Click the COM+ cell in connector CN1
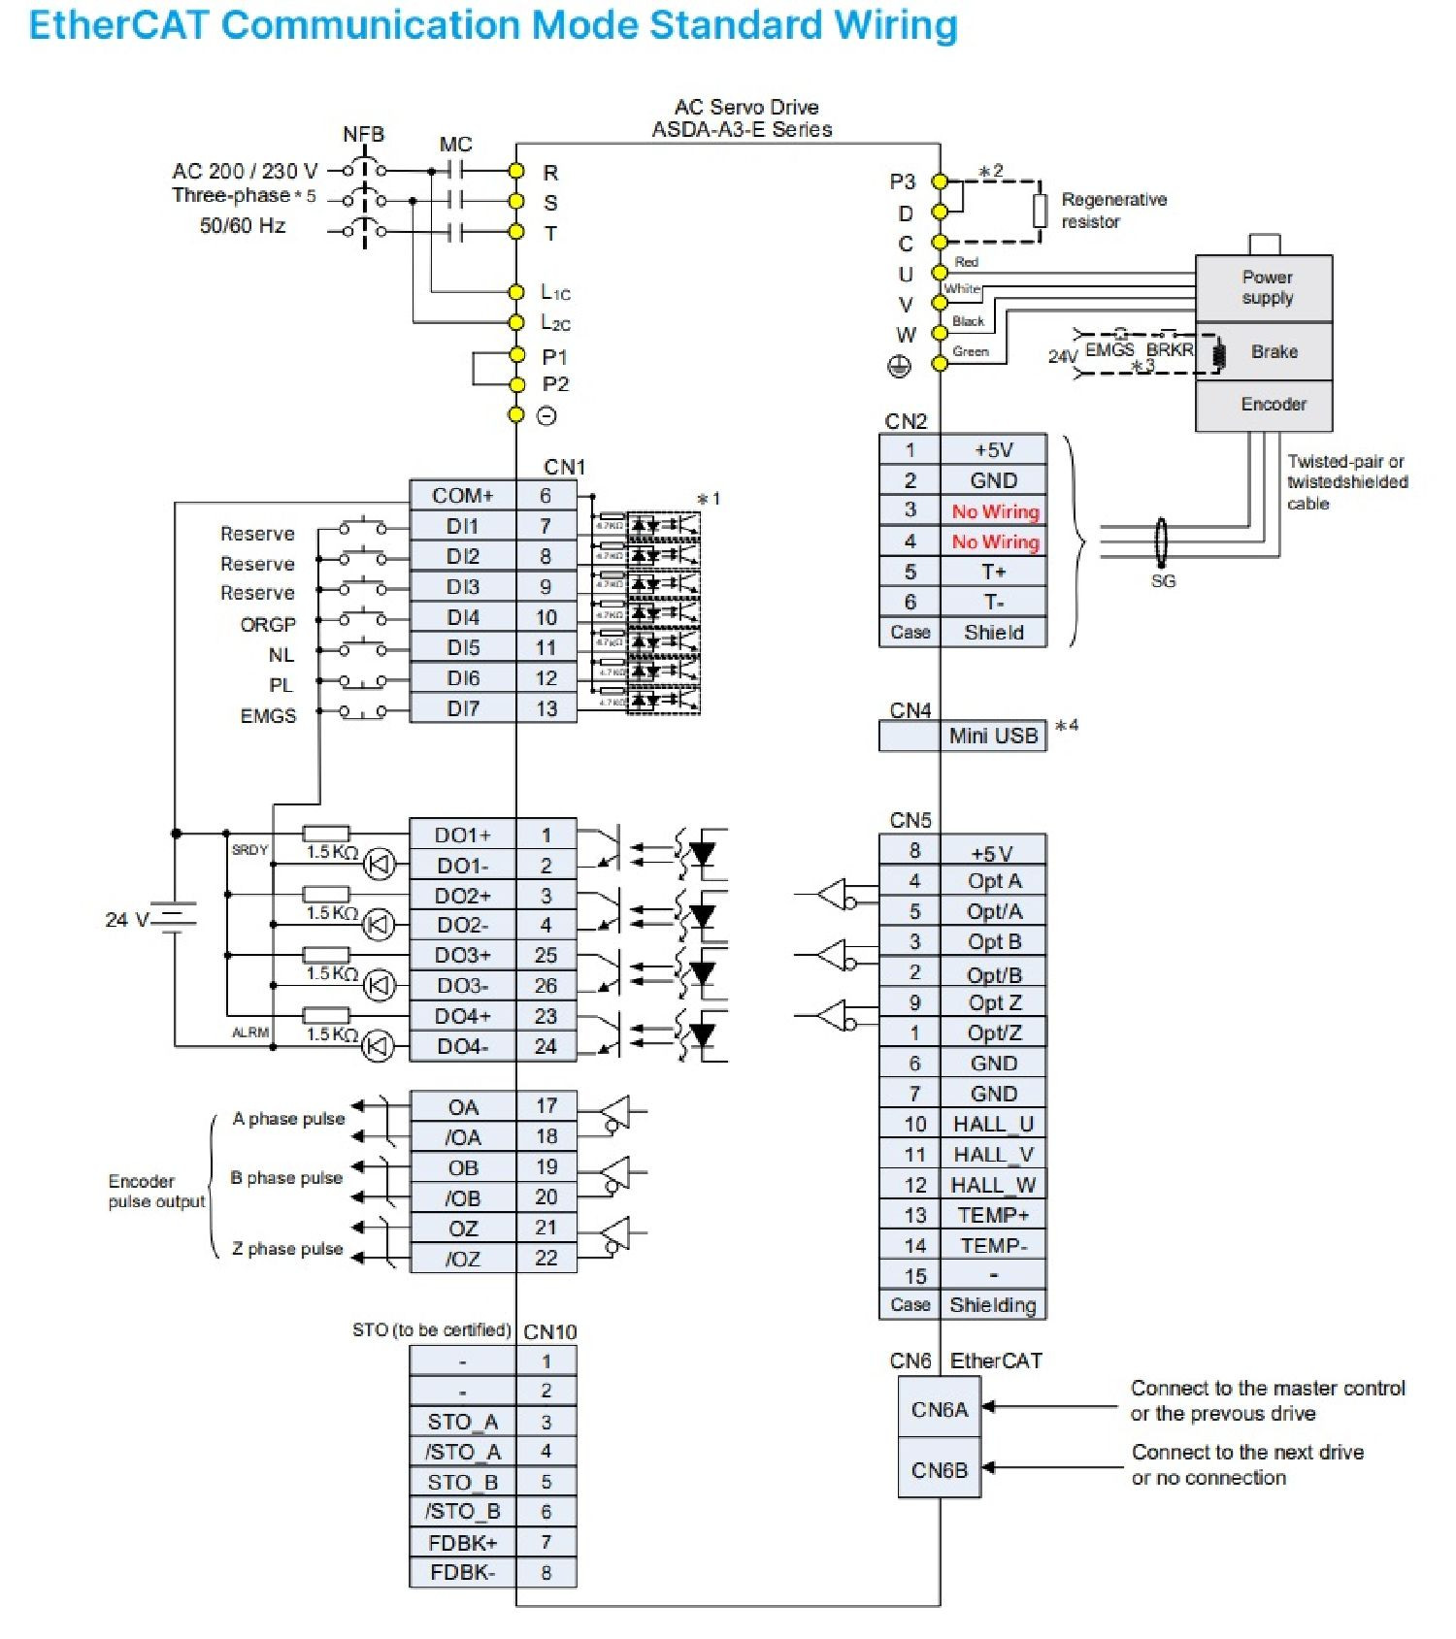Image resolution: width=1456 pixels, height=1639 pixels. click(x=462, y=496)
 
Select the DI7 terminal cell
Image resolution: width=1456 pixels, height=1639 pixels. click(x=462, y=708)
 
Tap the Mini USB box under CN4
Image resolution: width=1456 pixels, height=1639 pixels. click(x=993, y=737)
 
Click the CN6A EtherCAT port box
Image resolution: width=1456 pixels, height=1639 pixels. click(x=939, y=1410)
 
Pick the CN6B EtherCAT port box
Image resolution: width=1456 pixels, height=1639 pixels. click(x=939, y=1471)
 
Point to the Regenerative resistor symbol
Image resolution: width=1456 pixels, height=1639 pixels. click(x=1040, y=211)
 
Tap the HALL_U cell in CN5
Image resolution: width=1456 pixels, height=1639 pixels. click(x=993, y=1125)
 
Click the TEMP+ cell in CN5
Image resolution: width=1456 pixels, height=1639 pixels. click(x=993, y=1216)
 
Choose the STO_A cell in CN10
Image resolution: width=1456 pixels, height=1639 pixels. click(x=462, y=1423)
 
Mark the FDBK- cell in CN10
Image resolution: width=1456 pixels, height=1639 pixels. click(x=462, y=1573)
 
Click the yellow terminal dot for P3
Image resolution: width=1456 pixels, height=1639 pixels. click(x=939, y=181)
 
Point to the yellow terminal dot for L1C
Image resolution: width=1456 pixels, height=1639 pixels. click(x=517, y=292)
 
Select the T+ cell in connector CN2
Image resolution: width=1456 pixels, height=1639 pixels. click(x=993, y=572)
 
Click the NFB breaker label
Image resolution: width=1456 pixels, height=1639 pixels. click(x=363, y=135)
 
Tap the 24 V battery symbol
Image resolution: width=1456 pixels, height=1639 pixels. click(x=175, y=918)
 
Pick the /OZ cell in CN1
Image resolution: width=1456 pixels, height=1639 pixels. click(x=462, y=1260)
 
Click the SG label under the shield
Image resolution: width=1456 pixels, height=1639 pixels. click(x=1163, y=581)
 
